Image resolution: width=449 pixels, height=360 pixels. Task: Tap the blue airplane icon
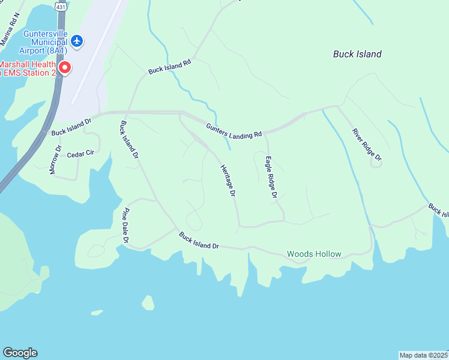pyautogui.click(x=76, y=41)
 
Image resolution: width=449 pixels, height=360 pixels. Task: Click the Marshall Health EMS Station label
pyautogui.click(x=28, y=68)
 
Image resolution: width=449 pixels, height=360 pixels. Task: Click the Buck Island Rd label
pyautogui.click(x=169, y=66)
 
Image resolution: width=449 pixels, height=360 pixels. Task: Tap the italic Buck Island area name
pyautogui.click(x=357, y=54)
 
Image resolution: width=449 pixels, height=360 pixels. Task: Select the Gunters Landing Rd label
pyautogui.click(x=234, y=130)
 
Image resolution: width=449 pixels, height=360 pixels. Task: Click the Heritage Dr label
pyautogui.click(x=228, y=181)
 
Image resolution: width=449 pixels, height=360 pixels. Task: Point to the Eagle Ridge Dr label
pyautogui.click(x=271, y=177)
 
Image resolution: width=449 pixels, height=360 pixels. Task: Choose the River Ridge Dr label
pyautogui.click(x=367, y=145)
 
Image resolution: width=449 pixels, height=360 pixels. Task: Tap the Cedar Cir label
pyautogui.click(x=80, y=154)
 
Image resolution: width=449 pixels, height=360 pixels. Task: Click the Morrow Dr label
pyautogui.click(x=55, y=160)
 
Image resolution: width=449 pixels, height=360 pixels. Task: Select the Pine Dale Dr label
pyautogui.click(x=126, y=225)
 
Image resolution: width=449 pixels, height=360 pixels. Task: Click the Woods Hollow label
pyautogui.click(x=314, y=254)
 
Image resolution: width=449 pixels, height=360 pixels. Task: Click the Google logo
pyautogui.click(x=20, y=353)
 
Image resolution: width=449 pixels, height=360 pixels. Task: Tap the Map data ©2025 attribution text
pyautogui.click(x=424, y=355)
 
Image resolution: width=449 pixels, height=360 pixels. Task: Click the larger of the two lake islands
pyautogui.click(x=148, y=302)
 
